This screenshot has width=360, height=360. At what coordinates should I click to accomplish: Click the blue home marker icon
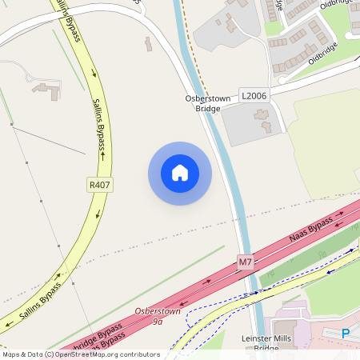(180, 173)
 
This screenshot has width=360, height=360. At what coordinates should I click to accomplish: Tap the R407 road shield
(100, 185)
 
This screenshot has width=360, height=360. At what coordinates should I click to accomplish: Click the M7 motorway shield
(246, 262)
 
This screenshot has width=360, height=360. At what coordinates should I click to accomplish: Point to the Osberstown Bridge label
(207, 103)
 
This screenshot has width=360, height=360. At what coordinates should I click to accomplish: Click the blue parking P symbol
(346, 334)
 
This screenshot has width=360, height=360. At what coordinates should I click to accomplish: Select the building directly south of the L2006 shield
(262, 121)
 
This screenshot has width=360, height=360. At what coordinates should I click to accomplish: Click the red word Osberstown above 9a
(158, 311)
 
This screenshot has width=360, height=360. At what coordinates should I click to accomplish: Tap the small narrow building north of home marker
(148, 43)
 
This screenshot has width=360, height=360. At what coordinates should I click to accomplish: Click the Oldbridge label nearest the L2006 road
(325, 55)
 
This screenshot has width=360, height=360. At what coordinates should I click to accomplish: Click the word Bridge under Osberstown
(207, 108)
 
